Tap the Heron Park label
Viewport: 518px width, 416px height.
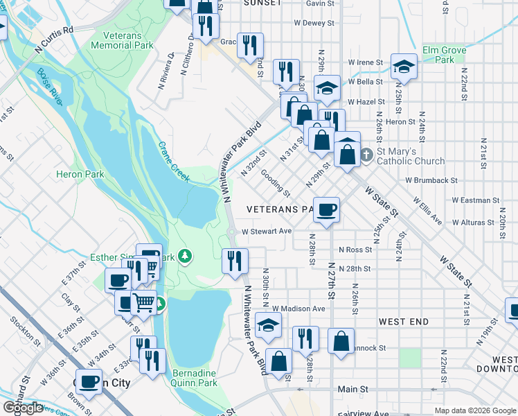click(x=80, y=175)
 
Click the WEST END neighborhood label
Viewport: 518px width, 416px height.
click(x=403, y=322)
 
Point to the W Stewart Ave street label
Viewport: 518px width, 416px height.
click(x=267, y=232)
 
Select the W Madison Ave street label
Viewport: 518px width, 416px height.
click(x=298, y=309)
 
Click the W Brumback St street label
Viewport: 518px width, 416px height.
click(x=432, y=180)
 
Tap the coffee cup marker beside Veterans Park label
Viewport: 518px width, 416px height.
click(x=327, y=209)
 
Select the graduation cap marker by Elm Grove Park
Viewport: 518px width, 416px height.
click(x=404, y=67)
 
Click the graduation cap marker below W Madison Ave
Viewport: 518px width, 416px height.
click(x=269, y=324)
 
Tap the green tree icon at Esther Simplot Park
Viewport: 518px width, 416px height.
click(x=184, y=257)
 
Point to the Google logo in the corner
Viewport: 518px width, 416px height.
click(x=23, y=408)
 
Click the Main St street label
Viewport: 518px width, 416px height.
click(x=352, y=390)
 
